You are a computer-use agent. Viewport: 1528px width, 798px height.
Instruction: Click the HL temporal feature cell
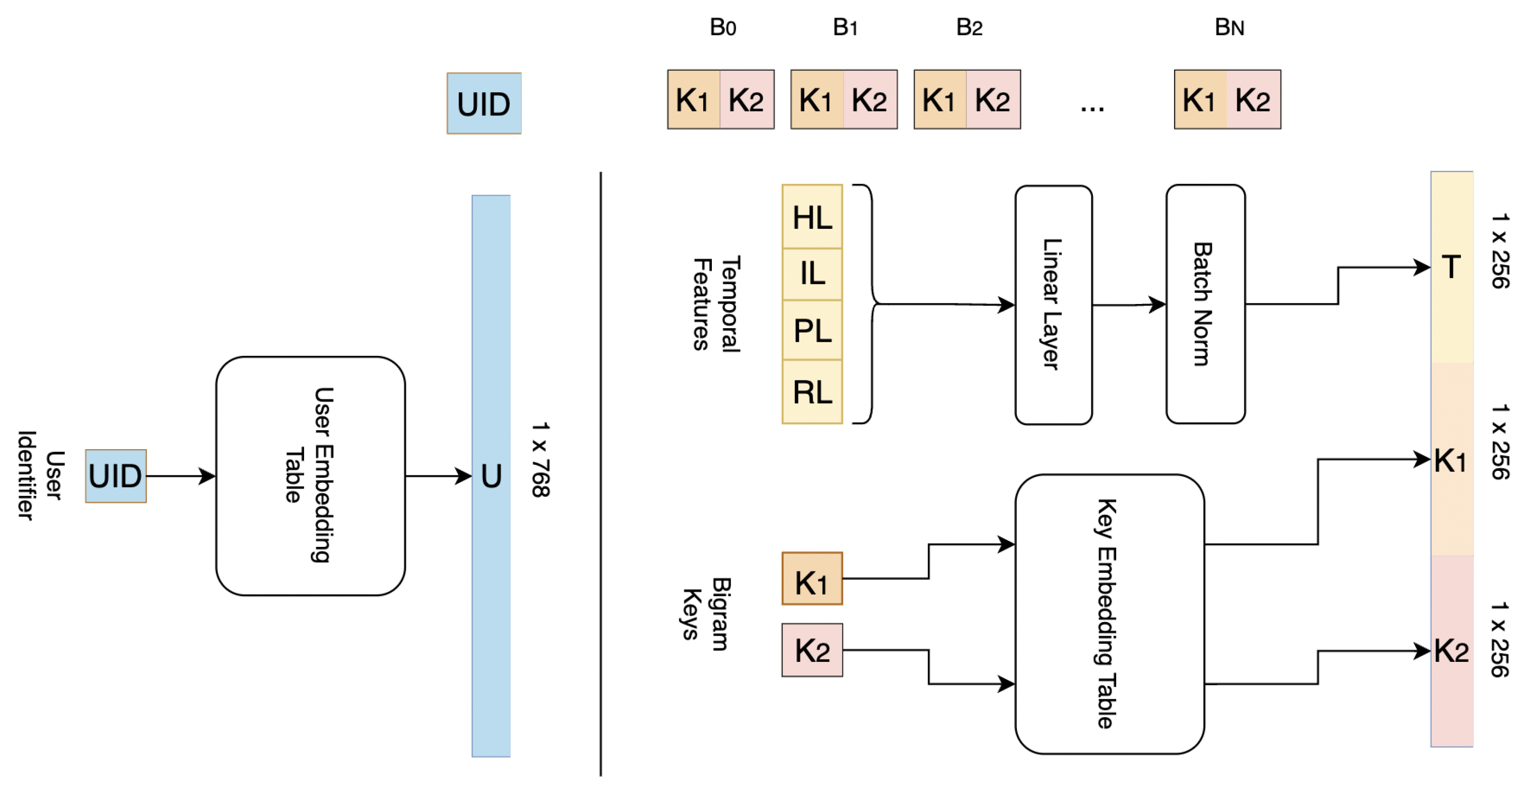[812, 217]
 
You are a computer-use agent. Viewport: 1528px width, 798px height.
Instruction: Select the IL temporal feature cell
[812, 274]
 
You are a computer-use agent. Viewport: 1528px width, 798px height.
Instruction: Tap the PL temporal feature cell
[812, 330]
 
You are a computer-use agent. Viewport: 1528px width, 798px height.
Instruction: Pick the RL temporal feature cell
[812, 392]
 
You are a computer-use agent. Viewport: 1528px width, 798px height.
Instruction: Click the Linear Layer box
[1053, 304]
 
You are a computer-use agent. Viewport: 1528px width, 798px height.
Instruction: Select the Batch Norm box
[1205, 304]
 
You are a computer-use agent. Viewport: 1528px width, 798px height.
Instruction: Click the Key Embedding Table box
[1109, 613]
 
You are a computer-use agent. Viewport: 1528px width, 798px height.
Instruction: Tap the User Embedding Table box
[310, 475]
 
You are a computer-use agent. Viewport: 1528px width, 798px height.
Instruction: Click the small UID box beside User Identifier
[115, 476]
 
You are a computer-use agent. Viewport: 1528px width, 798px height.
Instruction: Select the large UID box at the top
[483, 104]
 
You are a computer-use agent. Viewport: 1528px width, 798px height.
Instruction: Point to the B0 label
[722, 27]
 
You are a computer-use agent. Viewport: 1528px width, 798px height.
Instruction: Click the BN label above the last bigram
[1229, 27]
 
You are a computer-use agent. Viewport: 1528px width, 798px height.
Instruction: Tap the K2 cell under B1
[869, 100]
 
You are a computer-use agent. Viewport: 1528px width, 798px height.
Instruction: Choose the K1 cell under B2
[939, 100]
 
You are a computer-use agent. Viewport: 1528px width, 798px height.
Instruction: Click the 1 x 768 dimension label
[540, 459]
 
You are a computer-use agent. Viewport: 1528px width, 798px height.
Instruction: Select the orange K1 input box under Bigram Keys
[812, 579]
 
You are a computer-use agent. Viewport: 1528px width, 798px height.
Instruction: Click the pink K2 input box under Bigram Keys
[812, 650]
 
